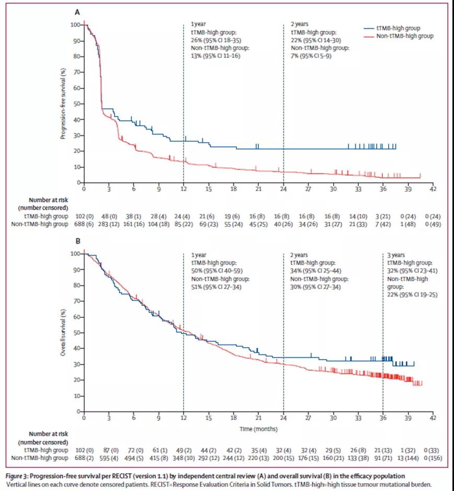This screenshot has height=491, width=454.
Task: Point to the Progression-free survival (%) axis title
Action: coord(63,103)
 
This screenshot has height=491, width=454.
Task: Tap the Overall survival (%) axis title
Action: coord(63,333)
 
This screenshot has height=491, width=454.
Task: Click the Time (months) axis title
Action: coord(258,429)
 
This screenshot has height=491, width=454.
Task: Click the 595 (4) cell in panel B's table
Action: coord(109,458)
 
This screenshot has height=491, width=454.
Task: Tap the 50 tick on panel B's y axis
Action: coord(76,333)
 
